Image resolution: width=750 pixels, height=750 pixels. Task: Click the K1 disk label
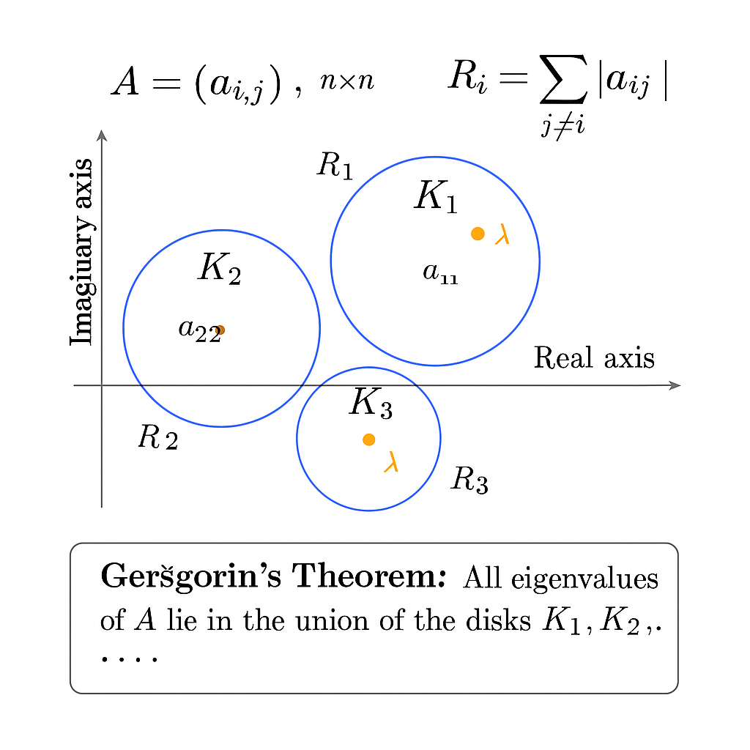(436, 197)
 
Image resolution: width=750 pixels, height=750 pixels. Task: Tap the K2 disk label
(219, 268)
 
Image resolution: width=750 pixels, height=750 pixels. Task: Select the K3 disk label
(371, 403)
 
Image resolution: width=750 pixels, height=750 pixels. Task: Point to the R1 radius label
(335, 166)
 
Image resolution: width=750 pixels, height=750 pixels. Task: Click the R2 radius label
(157, 438)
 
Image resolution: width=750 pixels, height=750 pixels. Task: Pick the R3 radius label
(469, 480)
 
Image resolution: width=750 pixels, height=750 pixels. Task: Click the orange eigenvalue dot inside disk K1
(478, 234)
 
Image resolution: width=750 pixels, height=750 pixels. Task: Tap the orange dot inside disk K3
(368, 439)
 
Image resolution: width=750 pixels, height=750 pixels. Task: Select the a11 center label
(440, 273)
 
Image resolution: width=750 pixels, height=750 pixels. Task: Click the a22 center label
(198, 329)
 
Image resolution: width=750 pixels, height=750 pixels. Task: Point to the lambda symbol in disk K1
(502, 234)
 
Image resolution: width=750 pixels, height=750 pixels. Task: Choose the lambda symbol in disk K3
(391, 462)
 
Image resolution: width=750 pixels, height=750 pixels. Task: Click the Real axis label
(594, 358)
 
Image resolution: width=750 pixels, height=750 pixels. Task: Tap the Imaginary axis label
(82, 252)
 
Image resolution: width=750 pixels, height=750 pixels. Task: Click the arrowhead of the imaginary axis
(102, 135)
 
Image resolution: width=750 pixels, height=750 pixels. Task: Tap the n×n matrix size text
(347, 81)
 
